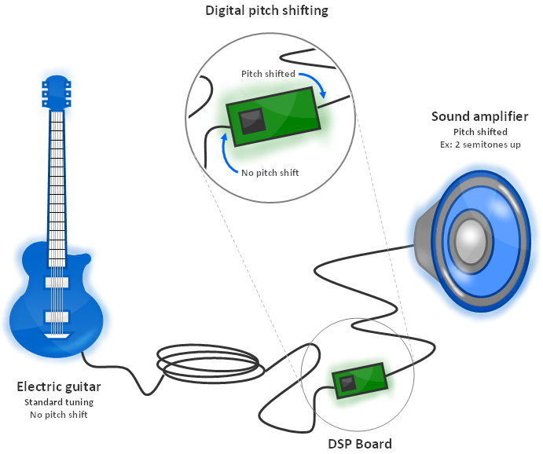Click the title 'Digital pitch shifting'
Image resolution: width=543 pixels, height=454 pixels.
(266, 11)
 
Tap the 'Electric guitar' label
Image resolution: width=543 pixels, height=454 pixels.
(59, 387)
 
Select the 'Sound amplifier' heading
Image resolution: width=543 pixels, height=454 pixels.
(479, 117)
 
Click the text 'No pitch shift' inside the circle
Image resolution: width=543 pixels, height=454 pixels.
(270, 172)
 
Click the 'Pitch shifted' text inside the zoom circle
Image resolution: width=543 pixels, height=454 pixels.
(268, 74)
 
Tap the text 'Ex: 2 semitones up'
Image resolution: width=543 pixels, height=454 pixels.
(479, 145)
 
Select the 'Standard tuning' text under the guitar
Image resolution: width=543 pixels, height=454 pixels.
(59, 402)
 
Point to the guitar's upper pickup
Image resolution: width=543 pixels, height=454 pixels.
(57, 281)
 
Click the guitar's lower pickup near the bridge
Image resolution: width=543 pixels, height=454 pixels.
(57, 316)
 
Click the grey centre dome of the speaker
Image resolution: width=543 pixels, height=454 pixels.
(471, 240)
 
